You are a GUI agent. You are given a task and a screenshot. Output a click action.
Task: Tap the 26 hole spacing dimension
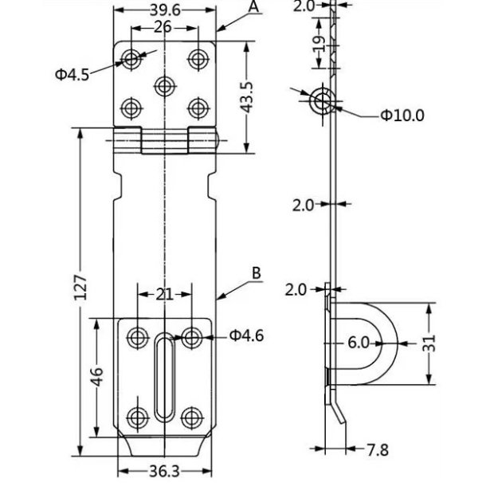click(x=164, y=26)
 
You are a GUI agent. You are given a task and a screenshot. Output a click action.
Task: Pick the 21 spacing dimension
click(x=164, y=295)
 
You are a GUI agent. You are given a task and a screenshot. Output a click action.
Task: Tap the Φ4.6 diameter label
click(x=246, y=335)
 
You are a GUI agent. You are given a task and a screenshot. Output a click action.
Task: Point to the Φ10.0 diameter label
click(x=402, y=116)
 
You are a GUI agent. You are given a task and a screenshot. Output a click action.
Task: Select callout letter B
click(x=256, y=272)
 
